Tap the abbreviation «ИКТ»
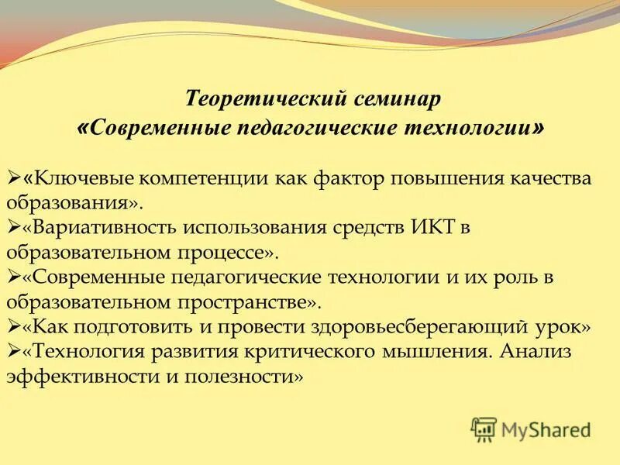coord(422,229)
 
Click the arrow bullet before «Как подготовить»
coord(13,327)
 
